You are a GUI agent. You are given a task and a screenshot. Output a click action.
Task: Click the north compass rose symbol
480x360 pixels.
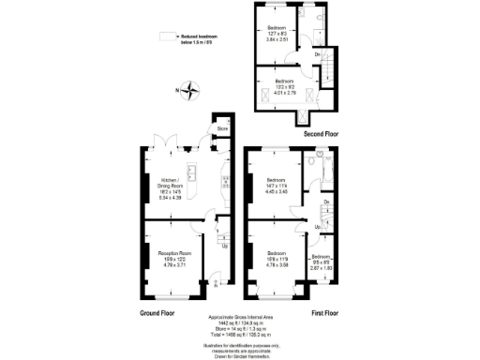[x=191, y=91]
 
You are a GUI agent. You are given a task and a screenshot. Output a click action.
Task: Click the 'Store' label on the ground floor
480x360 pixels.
[x=222, y=128]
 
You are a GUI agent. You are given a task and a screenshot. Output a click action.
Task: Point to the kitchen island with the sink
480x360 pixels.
[x=191, y=172]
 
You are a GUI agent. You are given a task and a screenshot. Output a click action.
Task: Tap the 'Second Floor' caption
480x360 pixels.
[x=321, y=135]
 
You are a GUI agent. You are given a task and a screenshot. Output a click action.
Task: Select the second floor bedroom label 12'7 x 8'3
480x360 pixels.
[x=276, y=35]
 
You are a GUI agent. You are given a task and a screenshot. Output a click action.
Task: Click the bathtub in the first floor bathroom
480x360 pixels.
[x=325, y=172]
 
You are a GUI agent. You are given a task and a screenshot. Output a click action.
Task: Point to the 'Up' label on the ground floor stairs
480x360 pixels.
[x=223, y=247]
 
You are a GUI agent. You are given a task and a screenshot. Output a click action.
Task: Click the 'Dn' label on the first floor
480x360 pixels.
[x=325, y=202]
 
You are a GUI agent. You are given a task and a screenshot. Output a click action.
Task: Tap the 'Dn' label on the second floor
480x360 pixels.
[x=317, y=54]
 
